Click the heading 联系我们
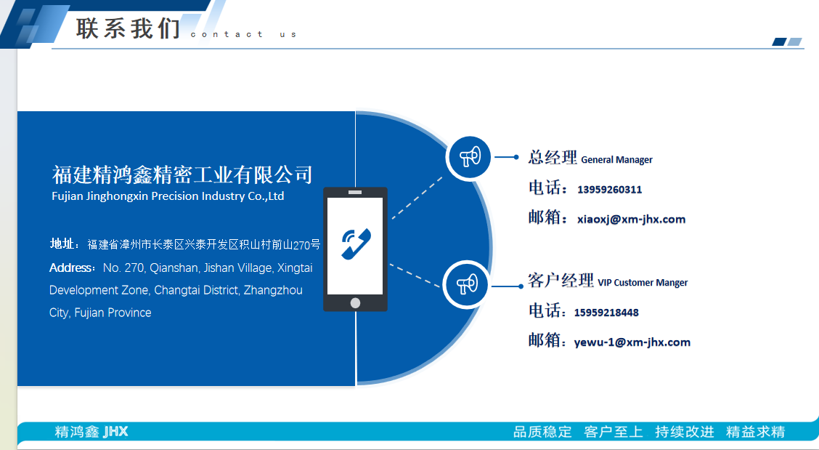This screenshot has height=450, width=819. [128, 28]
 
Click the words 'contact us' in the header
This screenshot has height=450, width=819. [243, 35]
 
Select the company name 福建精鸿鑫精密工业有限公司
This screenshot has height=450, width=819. [182, 174]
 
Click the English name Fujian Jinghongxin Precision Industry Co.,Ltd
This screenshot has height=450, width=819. [168, 196]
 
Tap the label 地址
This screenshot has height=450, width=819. [62, 244]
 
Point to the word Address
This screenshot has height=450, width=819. [70, 268]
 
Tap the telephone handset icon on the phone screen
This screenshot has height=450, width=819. [356, 244]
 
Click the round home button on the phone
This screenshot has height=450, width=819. [355, 303]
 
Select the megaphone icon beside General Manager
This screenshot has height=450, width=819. [470, 156]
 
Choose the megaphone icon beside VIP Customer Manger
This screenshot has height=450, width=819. [467, 284]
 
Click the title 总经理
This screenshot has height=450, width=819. [553, 157]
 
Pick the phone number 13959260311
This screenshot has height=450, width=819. [610, 190]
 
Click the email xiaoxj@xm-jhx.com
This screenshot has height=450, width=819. [631, 220]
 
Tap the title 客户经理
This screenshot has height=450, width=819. [561, 281]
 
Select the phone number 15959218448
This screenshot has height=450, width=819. [606, 313]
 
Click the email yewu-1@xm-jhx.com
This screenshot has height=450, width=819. [632, 342]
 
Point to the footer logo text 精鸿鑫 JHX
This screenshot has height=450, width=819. [91, 432]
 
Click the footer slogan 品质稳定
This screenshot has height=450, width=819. [542, 432]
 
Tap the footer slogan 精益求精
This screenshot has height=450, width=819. [755, 432]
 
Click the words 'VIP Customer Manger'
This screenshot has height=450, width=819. [643, 283]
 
